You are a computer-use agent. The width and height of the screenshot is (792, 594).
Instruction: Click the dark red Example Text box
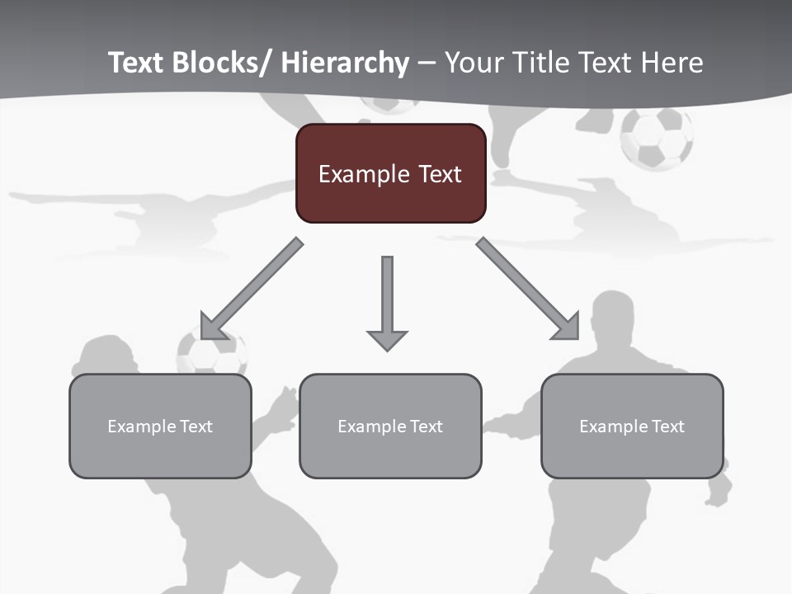pyautogui.click(x=390, y=173)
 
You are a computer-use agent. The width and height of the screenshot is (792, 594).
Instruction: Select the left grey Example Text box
pyautogui.click(x=160, y=426)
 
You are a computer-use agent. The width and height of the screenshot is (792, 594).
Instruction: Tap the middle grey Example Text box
pyautogui.click(x=390, y=426)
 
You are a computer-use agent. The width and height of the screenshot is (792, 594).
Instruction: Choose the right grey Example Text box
pyautogui.click(x=632, y=426)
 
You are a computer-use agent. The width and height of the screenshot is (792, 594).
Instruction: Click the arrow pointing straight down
pyautogui.click(x=387, y=301)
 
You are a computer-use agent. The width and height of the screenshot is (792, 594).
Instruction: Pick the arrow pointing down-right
pyautogui.click(x=528, y=289)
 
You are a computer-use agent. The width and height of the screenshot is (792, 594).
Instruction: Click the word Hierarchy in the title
pyautogui.click(x=345, y=63)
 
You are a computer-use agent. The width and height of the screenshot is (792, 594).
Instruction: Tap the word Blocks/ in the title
pyautogui.click(x=222, y=63)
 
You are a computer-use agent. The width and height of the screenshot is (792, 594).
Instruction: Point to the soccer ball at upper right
pyautogui.click(x=657, y=138)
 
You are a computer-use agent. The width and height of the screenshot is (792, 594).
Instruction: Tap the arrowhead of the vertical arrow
pyautogui.click(x=387, y=339)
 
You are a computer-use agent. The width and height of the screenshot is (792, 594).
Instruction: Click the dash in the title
pyautogui.click(x=427, y=64)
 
